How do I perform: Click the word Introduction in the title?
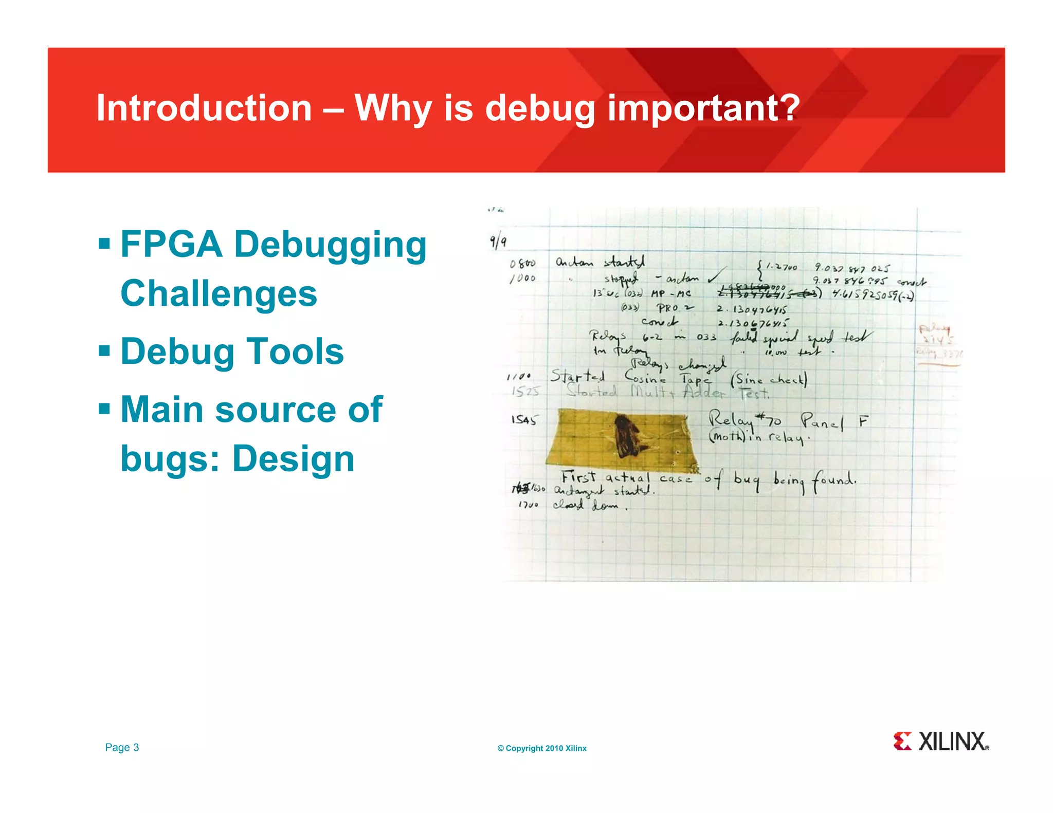[x=204, y=108]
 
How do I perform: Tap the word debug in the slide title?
[x=539, y=109]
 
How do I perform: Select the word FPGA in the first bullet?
[x=171, y=244]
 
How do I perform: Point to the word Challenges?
[x=219, y=293]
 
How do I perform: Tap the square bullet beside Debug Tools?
[x=104, y=352]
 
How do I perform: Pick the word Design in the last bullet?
[x=294, y=458]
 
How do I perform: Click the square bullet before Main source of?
[x=104, y=410]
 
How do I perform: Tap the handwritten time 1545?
[x=523, y=420]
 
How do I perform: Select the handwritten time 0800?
[x=522, y=264]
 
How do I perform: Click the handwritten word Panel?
[x=822, y=422]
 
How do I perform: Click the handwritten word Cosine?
[x=645, y=378]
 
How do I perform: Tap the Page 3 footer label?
[x=122, y=747]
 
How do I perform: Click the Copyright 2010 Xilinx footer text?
[x=542, y=748]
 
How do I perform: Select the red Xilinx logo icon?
[x=902, y=741]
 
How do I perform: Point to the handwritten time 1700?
[x=528, y=505]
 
